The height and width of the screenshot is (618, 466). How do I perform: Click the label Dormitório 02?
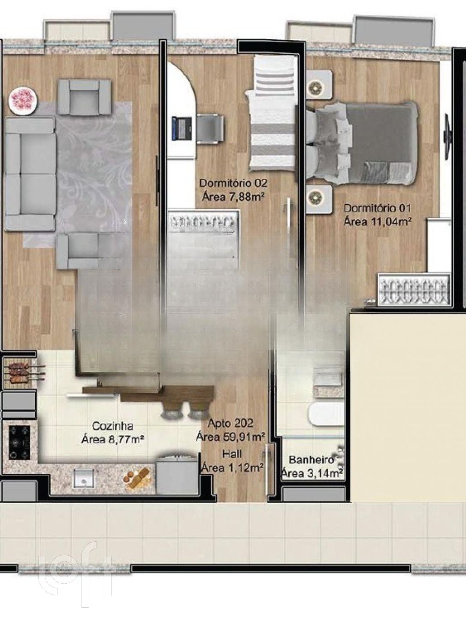(233, 183)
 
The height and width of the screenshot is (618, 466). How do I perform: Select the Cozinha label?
(112, 426)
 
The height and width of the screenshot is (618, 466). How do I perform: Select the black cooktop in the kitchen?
(19, 443)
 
